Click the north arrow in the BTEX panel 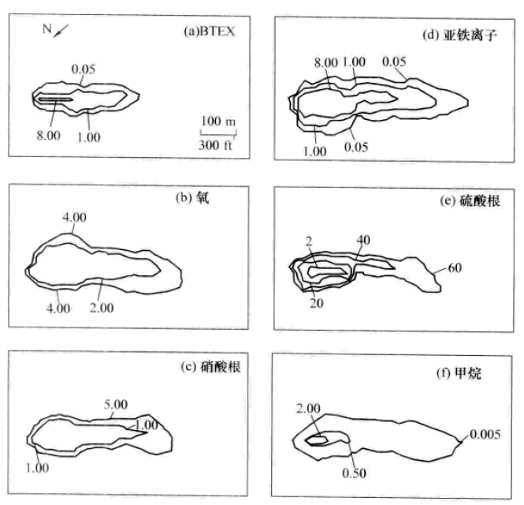point(61,31)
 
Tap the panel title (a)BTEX point(209,31)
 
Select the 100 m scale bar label point(218,121)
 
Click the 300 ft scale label point(216,145)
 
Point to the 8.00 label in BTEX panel point(48,136)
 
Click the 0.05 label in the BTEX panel point(84,69)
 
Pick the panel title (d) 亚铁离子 point(460,36)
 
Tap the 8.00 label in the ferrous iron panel point(326,62)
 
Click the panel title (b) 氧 point(192,198)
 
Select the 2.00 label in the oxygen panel point(102,308)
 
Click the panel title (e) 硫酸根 point(470,200)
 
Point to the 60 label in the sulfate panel point(455,267)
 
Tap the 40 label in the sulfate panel point(363,240)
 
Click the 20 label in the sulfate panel point(317,303)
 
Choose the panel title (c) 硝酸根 point(210,367)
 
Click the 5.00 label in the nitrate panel point(116,405)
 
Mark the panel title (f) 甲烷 point(459,373)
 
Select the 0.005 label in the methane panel point(485,435)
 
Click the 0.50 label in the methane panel point(355,473)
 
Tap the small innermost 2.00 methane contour point(317,436)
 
